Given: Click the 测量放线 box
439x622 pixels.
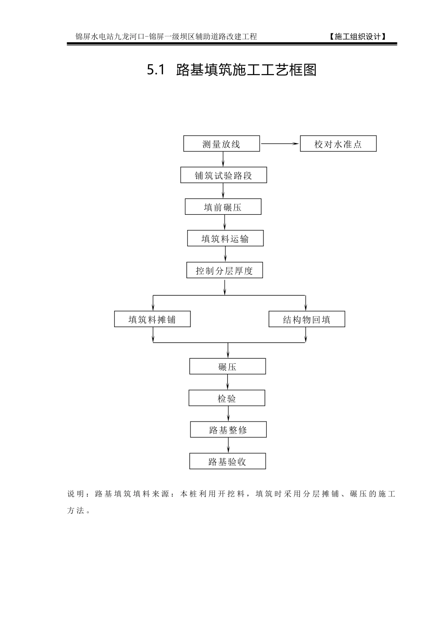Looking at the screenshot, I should tap(221, 144).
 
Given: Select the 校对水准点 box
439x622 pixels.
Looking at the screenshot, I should tap(338, 144).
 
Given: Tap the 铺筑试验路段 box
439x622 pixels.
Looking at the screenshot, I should tap(223, 175).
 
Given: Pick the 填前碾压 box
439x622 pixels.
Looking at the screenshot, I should tap(223, 207).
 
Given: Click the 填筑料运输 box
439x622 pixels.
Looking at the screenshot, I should tap(225, 238).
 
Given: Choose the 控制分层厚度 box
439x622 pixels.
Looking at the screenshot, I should tap(224, 270).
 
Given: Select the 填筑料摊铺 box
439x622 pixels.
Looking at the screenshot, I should tap(152, 319).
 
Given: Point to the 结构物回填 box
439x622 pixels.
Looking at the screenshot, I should tap(307, 319).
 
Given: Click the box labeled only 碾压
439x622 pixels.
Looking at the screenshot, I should tap(227, 367).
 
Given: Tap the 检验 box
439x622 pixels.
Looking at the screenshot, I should tap(226, 398).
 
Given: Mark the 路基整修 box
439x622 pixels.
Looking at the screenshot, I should tap(228, 429).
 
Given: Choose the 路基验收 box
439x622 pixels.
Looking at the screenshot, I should tap(227, 461).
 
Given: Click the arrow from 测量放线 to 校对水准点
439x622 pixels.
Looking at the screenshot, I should tap(280, 143).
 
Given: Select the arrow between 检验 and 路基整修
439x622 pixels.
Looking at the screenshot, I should tap(228, 414).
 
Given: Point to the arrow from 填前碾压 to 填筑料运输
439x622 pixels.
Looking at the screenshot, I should tap(225, 223).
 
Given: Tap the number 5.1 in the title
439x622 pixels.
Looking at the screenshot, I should tap(156, 70).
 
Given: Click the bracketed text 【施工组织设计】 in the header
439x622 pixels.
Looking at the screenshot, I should tap(358, 37).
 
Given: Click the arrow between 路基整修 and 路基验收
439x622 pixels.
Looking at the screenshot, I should tap(228, 445).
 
